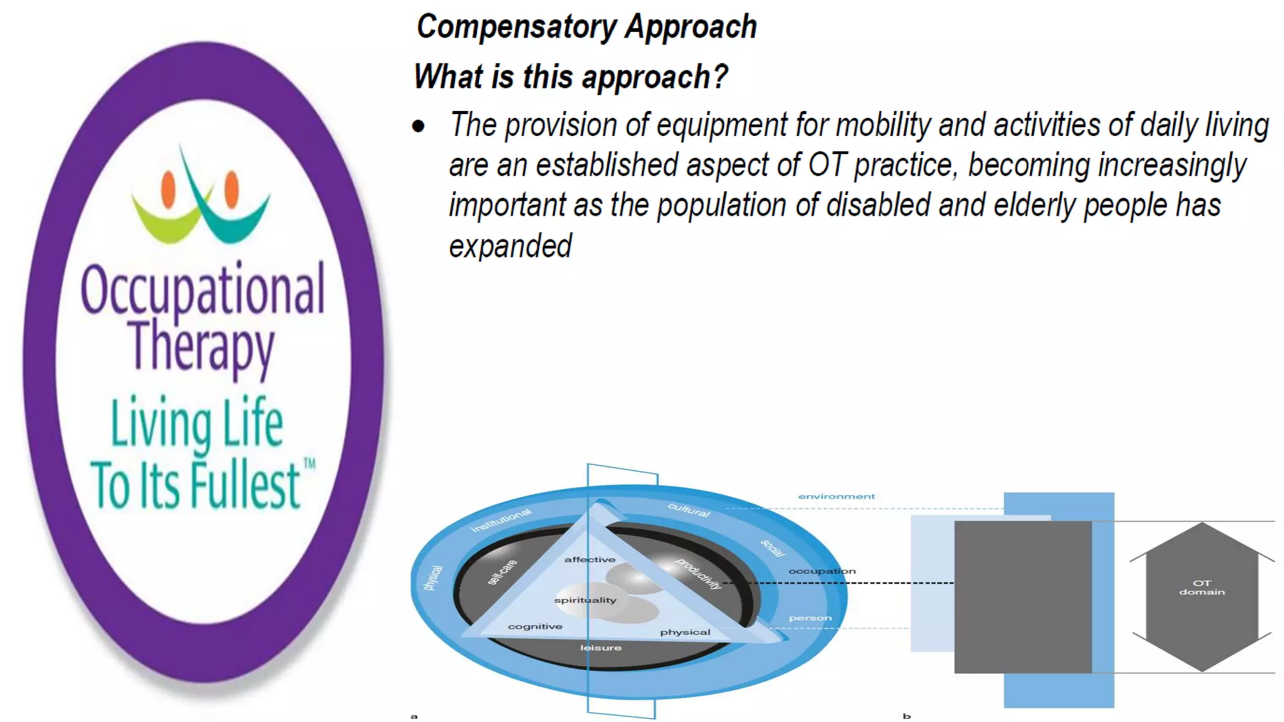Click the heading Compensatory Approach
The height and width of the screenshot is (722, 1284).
[x=586, y=28]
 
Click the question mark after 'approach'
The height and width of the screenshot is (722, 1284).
[x=720, y=76]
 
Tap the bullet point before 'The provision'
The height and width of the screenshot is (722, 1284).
[x=418, y=127]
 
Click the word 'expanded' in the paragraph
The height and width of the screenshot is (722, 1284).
[x=510, y=246]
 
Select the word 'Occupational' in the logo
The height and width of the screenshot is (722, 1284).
[x=203, y=289]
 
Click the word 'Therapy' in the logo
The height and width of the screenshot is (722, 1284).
[x=201, y=347]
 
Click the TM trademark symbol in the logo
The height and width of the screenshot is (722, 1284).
[x=310, y=464]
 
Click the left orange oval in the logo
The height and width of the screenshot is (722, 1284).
[x=168, y=189]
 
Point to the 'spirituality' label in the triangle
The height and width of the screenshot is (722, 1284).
[x=585, y=600]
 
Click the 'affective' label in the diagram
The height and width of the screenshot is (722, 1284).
[x=590, y=560]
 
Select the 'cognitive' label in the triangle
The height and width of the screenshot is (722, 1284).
[x=535, y=627]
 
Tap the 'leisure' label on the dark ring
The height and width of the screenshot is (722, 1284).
[x=601, y=648]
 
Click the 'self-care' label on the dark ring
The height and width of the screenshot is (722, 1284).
[x=502, y=572]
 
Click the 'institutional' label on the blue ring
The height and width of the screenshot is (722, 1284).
[x=501, y=520]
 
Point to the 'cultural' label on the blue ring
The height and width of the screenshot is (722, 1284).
[x=688, y=510]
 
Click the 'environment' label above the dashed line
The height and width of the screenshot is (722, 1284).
[x=836, y=496]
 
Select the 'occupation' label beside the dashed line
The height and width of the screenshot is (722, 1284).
[x=821, y=571]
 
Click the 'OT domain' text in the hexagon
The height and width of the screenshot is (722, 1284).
[x=1201, y=587]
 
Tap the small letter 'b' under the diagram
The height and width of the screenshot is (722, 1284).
[x=907, y=716]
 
